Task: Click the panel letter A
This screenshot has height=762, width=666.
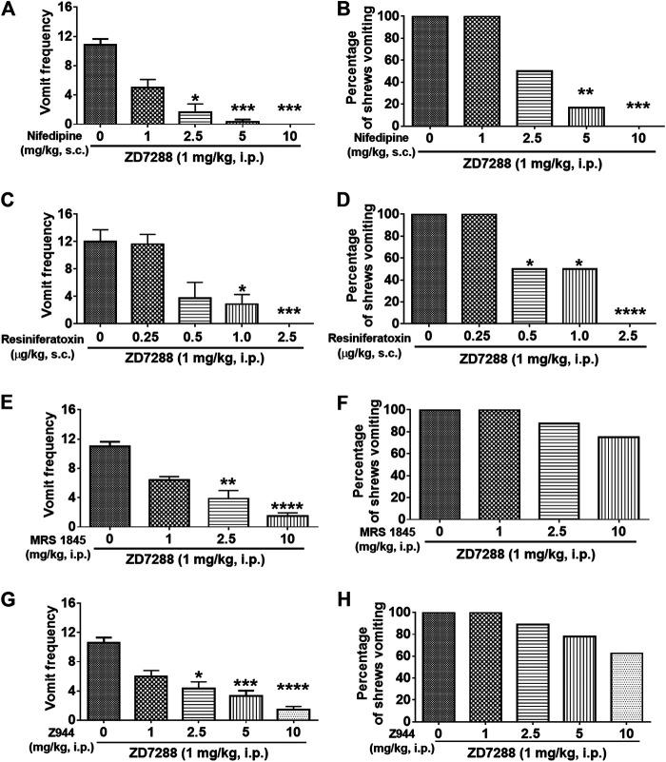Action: [10, 10]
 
